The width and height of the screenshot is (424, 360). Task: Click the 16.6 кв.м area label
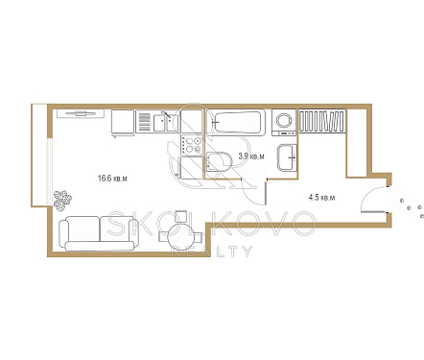coord(112,179)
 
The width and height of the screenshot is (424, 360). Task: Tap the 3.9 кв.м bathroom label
coord(251,156)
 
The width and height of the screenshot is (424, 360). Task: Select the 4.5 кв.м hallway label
coord(321,197)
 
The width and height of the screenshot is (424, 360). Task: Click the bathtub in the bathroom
coord(236,122)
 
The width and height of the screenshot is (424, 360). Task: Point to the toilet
coord(219,161)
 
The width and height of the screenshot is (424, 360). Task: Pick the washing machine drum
coord(284,121)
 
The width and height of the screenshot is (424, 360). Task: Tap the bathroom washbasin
coord(287,157)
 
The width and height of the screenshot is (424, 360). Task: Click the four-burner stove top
coord(192,145)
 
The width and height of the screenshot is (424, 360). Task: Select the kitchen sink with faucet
coord(166,121)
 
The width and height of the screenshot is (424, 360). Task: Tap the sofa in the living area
coord(99,233)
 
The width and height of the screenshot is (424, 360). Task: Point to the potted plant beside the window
coord(62,201)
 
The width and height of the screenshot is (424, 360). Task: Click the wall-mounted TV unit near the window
coord(81,113)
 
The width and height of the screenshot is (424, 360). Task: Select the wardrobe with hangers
coord(322,121)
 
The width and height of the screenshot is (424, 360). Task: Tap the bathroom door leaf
coord(266,191)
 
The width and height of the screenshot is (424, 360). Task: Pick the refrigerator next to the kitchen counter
coord(123,122)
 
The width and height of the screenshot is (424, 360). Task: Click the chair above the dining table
coord(181,216)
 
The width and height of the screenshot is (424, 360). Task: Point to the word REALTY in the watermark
coord(212,252)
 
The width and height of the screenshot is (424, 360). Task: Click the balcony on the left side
coord(39,156)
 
